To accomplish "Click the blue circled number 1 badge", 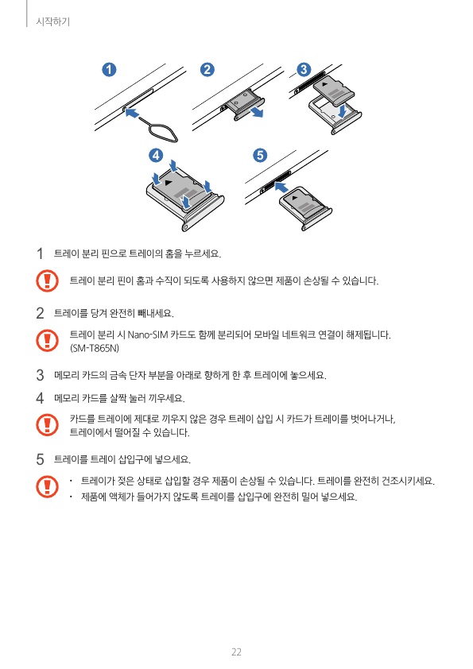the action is [x=109, y=70].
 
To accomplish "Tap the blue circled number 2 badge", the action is [x=207, y=70].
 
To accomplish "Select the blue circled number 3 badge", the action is [x=304, y=70].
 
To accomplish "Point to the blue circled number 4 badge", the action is [x=156, y=155].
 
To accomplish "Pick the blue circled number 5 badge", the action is [x=260, y=155].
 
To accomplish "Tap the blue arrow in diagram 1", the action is [x=132, y=113].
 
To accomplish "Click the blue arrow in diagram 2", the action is [x=256, y=112].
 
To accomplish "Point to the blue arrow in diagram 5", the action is [x=281, y=187].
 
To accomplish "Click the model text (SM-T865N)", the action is [x=95, y=348].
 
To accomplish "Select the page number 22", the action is [x=236, y=652].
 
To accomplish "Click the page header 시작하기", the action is [x=52, y=21].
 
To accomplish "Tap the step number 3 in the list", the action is [x=40, y=375].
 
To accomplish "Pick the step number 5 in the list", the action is [x=40, y=459].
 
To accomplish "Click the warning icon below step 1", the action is [x=48, y=280].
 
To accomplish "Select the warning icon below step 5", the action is [x=48, y=487].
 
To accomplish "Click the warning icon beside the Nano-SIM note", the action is [x=48, y=340].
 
